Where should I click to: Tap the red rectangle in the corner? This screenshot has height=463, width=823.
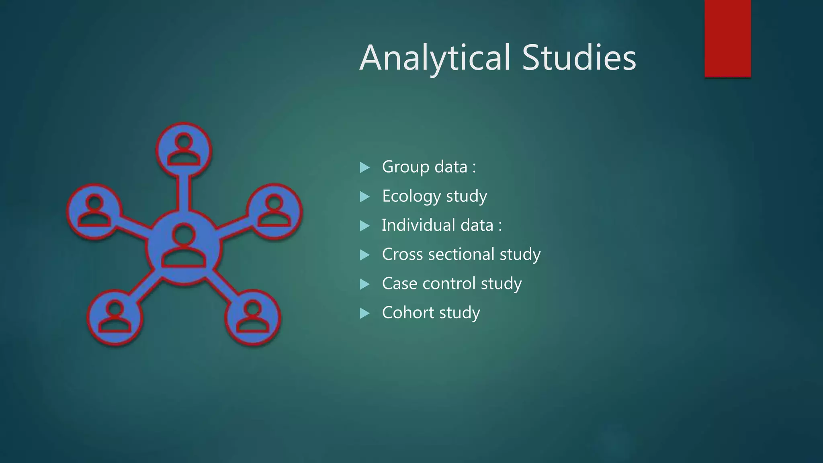click(727, 38)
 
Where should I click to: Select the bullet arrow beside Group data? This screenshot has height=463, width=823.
click(364, 167)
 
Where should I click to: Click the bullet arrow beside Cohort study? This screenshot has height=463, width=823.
click(364, 313)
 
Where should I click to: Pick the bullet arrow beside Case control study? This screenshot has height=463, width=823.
click(364, 284)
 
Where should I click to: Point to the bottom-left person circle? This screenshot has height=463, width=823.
click(115, 317)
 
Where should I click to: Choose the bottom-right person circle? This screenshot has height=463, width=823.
click(252, 317)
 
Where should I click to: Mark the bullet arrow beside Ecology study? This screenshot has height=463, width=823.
click(364, 197)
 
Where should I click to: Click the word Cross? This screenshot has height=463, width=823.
click(398, 254)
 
